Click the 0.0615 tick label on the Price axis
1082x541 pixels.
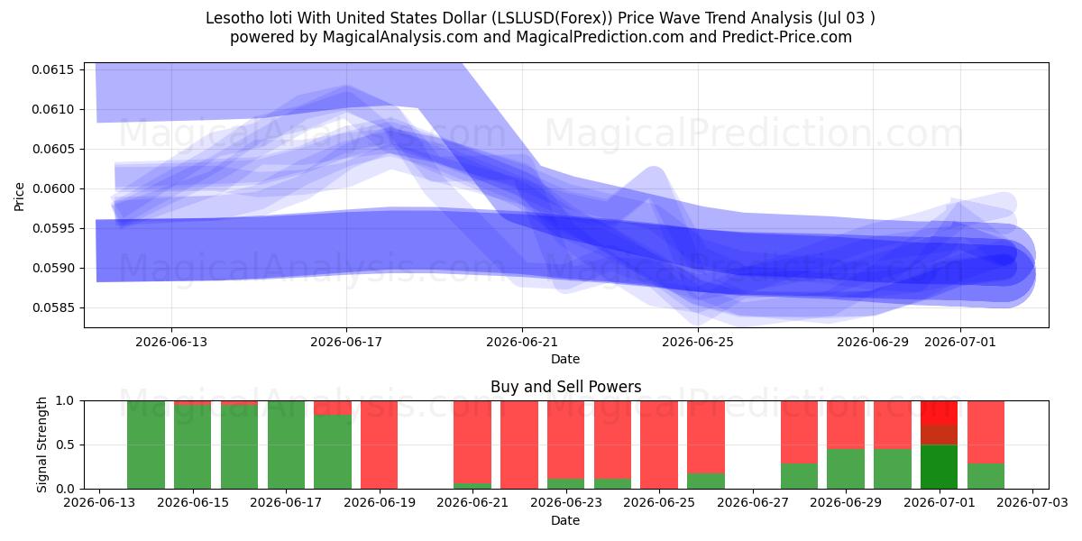tap(53, 70)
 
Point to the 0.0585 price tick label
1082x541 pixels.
tap(53, 307)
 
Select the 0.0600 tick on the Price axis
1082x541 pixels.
tap(53, 188)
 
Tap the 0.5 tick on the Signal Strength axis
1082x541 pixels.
tap(65, 445)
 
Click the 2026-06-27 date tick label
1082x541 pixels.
tap(753, 503)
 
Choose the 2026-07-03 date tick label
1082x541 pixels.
tap(1032, 503)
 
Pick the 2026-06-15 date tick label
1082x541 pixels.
tap(193, 503)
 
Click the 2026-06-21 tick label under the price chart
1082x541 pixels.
tap(522, 343)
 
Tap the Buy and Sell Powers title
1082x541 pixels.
tap(565, 387)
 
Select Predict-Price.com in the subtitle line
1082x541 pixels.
tap(787, 37)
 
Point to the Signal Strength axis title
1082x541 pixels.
tap(42, 445)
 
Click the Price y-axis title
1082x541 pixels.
tap(19, 197)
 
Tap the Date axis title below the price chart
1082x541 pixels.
tap(565, 360)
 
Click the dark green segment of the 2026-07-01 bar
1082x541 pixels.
tap(939, 467)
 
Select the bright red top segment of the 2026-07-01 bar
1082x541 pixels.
tap(939, 413)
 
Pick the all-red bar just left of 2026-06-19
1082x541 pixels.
tap(380, 445)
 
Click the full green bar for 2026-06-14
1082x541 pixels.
tap(146, 445)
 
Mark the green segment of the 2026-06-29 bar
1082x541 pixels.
tap(846, 469)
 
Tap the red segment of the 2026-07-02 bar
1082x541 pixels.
tap(986, 432)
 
